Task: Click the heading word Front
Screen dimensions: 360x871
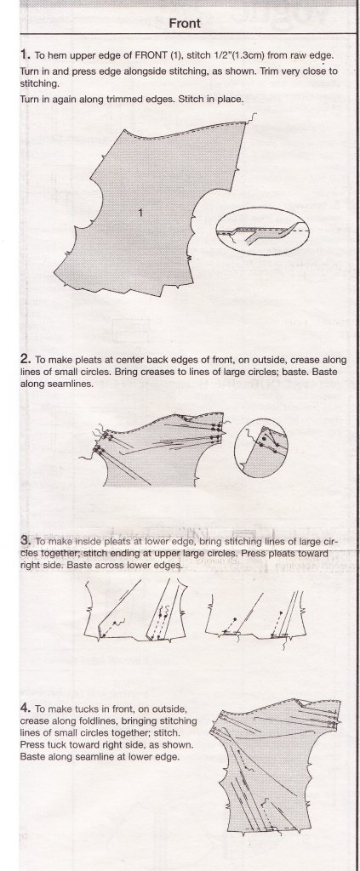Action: (185, 23)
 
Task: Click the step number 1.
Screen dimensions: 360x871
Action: (25, 54)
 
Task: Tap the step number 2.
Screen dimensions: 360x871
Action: (25, 359)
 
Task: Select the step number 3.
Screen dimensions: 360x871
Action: (25, 540)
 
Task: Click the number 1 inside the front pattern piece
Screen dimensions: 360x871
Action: (141, 212)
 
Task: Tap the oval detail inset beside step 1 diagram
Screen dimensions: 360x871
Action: (262, 231)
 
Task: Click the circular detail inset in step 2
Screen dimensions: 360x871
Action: (261, 449)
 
